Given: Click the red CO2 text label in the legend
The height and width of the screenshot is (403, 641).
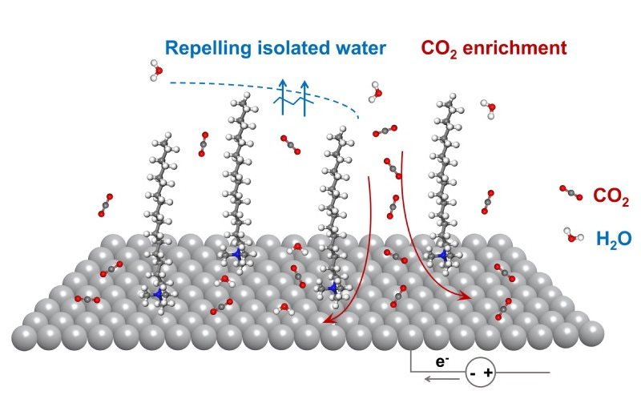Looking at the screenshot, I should (611, 196).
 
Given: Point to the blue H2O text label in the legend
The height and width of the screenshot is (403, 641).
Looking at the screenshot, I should (614, 239).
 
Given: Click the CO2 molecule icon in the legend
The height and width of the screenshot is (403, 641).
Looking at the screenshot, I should (570, 192).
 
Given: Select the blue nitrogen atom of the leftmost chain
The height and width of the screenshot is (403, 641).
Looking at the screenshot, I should (158, 295).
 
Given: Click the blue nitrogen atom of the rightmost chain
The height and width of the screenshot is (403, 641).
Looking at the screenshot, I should (442, 255).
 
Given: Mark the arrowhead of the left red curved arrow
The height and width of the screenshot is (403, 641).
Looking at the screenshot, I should (324, 323).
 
